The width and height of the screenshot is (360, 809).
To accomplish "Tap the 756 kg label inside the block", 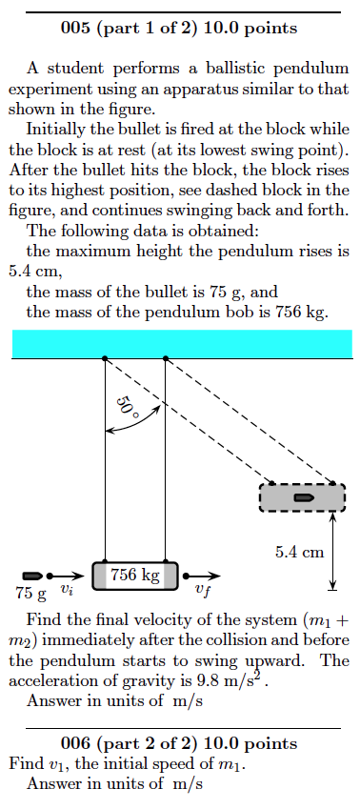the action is point(134,575).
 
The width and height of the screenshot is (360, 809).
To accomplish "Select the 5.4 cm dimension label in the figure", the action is point(300,551).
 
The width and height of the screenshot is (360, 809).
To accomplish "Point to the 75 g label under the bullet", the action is point(30,594).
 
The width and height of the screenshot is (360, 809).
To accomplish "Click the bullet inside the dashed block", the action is point(304,497).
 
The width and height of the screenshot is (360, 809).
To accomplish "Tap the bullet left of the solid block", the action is point(31,576).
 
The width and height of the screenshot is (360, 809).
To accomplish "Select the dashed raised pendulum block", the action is point(302,497).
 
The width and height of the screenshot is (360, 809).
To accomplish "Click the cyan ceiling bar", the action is point(181,343).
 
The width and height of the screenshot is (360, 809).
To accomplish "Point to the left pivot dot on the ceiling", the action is point(104,358).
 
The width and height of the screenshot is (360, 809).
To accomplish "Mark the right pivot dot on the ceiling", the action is point(166,358).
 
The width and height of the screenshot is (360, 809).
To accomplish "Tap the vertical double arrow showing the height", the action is point(333,551).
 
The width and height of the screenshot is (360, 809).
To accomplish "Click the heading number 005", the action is point(75,28).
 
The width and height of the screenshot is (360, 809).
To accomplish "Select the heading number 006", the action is point(75,743).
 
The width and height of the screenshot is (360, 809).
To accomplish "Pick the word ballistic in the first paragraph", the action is point(206,70).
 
